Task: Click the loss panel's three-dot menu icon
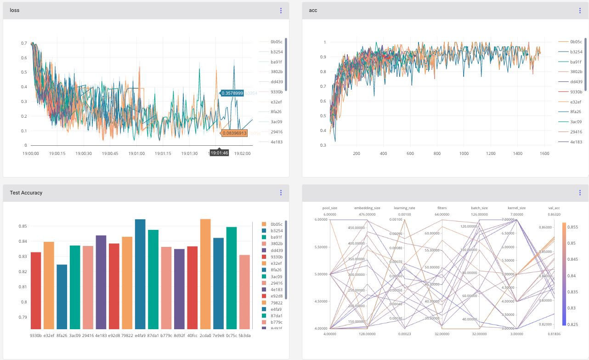tap(281, 11)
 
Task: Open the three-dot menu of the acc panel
tap(580, 11)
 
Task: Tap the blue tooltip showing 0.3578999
tap(232, 93)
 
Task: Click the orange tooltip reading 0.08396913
tap(234, 133)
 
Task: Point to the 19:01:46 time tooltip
tap(219, 153)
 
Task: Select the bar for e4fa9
tap(140, 274)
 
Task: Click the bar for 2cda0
tap(205, 274)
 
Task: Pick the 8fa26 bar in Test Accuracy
tap(62, 297)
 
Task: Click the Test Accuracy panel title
tap(26, 193)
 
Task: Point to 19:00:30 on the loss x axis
tap(84, 154)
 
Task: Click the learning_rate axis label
tap(404, 208)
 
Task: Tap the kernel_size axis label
tap(517, 208)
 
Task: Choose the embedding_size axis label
tap(367, 208)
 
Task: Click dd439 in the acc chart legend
tap(576, 82)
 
